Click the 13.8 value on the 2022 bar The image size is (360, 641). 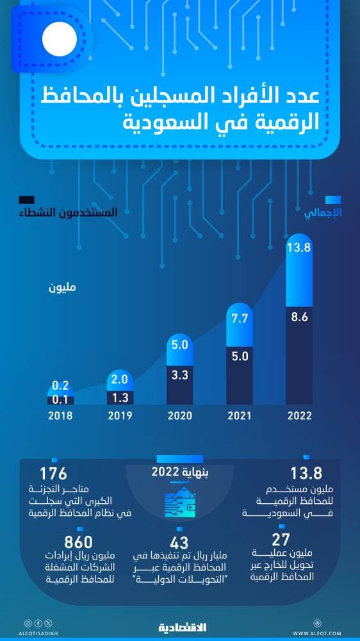pos(299,247)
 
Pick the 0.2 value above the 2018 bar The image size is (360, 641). pos(61,386)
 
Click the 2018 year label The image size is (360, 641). pos(61,415)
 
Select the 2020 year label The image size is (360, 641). pos(179,415)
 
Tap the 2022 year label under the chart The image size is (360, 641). pos(299,415)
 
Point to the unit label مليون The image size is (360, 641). pos(62,287)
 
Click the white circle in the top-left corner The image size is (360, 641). pos(60,38)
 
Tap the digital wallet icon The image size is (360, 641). pos(180,505)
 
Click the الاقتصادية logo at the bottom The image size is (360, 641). pos(180,626)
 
